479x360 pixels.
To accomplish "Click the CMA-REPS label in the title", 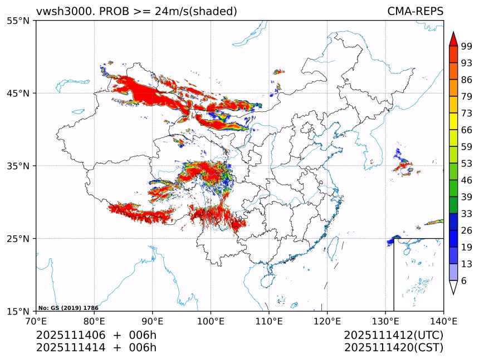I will pos(415,12).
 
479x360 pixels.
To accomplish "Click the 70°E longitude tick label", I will pos(36,320).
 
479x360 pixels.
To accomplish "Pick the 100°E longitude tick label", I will pos(211,320).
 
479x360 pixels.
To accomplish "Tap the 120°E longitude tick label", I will pos(327,320).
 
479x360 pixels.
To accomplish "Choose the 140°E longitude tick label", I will pos(443,320).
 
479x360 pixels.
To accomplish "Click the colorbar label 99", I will pos(467,46).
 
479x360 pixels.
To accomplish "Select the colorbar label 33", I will pos(467,213).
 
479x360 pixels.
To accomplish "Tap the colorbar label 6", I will pos(464,281).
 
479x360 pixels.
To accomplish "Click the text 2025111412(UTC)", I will pos(393,335).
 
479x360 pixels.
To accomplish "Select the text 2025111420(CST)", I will pos(393,348).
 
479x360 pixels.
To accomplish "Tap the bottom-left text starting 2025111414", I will pos(96,348).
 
